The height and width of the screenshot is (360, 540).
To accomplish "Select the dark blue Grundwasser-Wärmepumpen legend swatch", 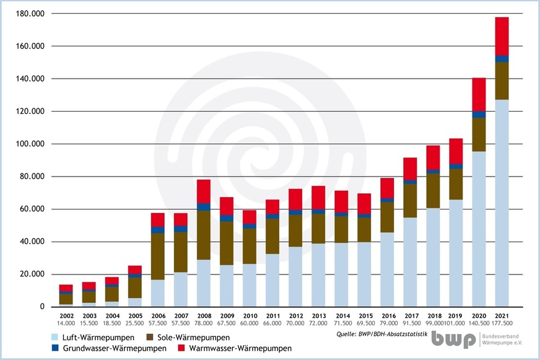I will [55, 348].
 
